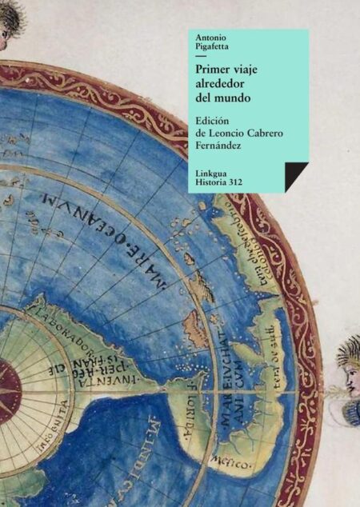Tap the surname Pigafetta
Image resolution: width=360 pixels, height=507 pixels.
(x=211, y=48)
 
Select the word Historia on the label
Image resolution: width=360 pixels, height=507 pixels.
(x=213, y=184)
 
